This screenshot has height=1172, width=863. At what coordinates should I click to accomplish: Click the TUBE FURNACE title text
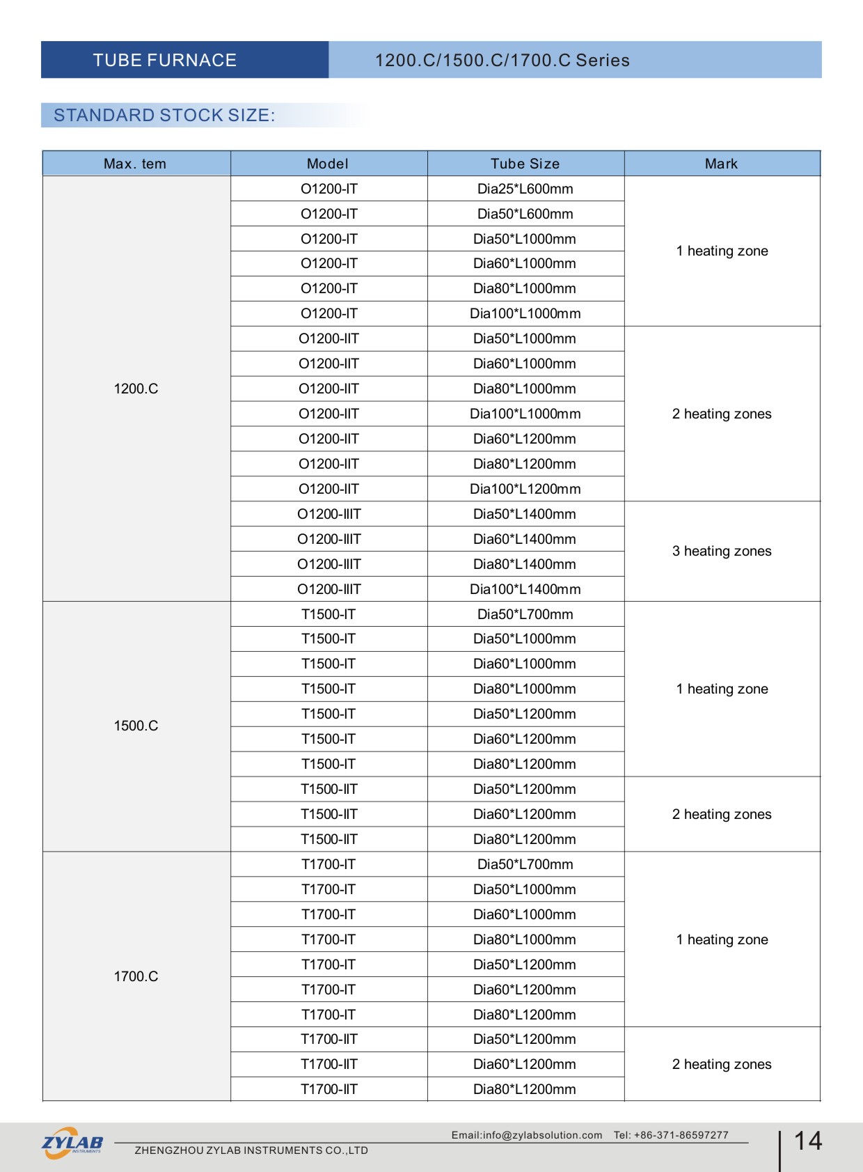165,61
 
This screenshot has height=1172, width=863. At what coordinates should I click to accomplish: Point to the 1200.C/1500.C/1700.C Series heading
502,61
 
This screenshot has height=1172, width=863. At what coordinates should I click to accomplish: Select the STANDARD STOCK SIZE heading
164,116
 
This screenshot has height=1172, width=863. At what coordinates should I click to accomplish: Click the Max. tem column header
135,164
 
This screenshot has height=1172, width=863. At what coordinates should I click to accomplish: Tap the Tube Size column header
525,164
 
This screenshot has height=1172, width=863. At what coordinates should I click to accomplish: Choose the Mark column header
721,164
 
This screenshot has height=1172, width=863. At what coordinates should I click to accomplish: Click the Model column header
328,164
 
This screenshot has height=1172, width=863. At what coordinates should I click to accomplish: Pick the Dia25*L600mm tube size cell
525,189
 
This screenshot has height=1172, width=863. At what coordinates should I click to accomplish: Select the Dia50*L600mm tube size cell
525,214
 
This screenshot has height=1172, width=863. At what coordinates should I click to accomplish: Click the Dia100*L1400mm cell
525,589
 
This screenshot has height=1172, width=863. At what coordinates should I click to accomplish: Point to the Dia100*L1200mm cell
525,489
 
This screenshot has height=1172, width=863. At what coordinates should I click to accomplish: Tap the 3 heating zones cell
722,551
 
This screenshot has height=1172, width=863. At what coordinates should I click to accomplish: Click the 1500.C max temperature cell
136,726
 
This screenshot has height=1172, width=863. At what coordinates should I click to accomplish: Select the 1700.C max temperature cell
136,976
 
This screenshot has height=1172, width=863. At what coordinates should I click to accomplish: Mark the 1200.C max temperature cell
136,389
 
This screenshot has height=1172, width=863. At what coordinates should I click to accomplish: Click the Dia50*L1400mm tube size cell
525,514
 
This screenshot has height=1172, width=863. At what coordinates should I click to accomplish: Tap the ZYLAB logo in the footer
72,1143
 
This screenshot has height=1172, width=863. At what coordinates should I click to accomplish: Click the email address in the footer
527,1135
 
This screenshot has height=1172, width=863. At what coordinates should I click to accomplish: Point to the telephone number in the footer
671,1135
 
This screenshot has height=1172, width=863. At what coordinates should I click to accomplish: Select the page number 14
808,1141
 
